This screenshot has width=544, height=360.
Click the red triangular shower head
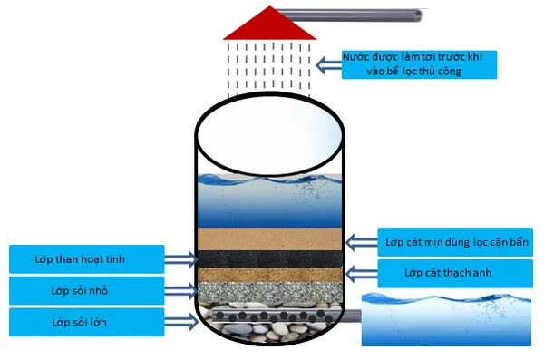[271, 24]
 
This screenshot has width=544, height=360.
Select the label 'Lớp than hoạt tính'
[86, 259]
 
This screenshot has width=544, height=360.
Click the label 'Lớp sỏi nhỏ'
[86, 291]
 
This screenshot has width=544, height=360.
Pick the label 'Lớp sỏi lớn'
[86, 322]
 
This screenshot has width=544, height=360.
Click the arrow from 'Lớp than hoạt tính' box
[181, 260]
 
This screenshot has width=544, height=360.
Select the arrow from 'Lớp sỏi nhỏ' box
[181, 290]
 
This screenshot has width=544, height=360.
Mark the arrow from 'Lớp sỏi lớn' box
[181, 321]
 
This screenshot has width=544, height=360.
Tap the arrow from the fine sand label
[361, 242]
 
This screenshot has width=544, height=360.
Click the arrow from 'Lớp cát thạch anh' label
[361, 271]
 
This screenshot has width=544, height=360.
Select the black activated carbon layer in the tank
[271, 258]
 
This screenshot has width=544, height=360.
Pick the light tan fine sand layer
[271, 238]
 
